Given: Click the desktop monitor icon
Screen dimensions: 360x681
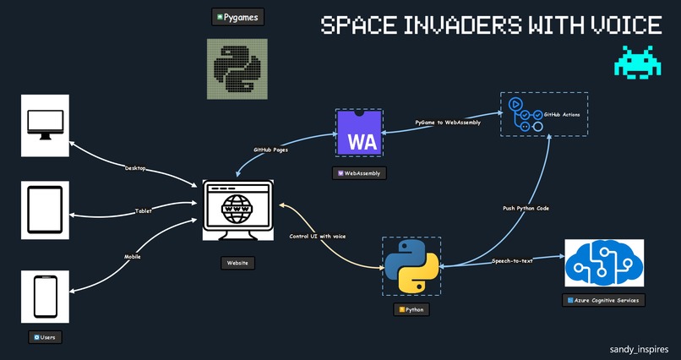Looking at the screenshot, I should [x=45, y=126].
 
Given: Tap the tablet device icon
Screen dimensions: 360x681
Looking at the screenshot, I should [x=45, y=210].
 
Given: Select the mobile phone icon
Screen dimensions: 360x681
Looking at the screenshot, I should [x=45, y=295].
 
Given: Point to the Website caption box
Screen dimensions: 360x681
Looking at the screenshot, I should [x=238, y=263].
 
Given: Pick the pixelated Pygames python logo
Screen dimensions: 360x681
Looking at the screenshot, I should [x=237, y=68].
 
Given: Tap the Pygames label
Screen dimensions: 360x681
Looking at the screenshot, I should [x=237, y=17].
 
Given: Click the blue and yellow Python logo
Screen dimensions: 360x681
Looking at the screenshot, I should [x=411, y=265].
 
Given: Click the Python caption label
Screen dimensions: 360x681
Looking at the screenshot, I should [x=411, y=310].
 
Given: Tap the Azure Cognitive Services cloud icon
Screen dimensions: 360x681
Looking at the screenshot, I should [x=603, y=262].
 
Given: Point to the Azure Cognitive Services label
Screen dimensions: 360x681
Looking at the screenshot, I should [x=603, y=300].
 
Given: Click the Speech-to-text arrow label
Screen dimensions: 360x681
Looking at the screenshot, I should [x=512, y=261].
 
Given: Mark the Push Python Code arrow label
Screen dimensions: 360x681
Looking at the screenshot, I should [x=526, y=208].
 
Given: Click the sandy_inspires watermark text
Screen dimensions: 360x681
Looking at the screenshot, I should [x=638, y=348].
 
